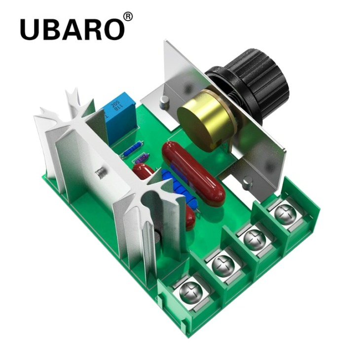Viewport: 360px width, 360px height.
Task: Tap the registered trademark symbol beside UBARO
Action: click(x=127, y=17)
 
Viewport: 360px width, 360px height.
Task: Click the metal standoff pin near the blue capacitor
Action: click(x=166, y=102)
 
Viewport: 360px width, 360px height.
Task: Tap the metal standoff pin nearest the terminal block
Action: click(x=247, y=184)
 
